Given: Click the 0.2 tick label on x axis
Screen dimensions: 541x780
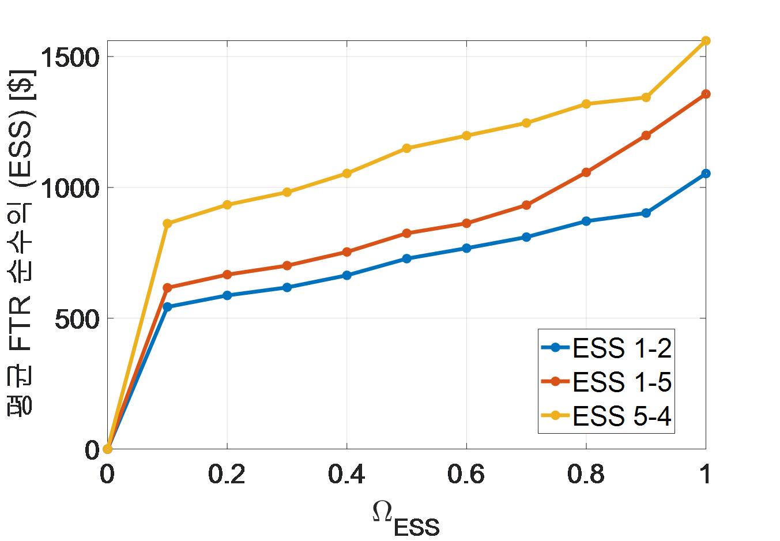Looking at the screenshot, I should (x=227, y=474).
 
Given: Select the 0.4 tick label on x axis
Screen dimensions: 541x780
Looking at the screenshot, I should (x=346, y=474).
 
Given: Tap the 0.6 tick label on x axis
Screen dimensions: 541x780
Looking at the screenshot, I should (x=466, y=474).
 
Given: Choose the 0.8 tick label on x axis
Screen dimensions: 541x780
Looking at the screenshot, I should (x=586, y=474).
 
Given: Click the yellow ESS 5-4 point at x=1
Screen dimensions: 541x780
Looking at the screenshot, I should (x=706, y=41).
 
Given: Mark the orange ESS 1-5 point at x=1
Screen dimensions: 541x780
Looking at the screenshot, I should (x=706, y=94).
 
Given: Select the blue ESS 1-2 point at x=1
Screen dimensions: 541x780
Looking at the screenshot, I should (x=706, y=174).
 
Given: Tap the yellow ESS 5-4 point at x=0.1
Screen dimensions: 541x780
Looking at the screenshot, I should (x=167, y=224).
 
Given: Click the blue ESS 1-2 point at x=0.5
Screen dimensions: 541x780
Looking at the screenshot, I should (x=406, y=258).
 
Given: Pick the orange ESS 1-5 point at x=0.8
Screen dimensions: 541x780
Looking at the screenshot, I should (x=586, y=172).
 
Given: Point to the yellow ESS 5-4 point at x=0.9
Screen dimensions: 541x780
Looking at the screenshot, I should (x=646, y=97).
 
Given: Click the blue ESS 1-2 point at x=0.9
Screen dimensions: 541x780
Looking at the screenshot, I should (x=646, y=213).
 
